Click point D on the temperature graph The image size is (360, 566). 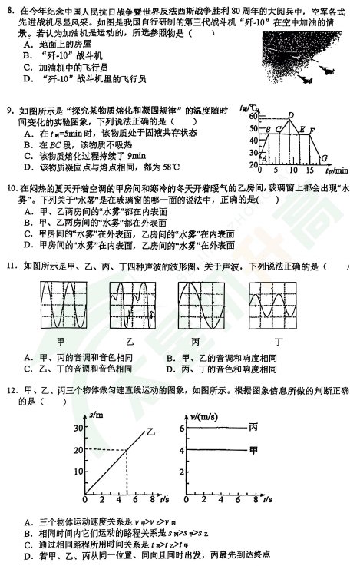289,115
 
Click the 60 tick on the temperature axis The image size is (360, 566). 253,116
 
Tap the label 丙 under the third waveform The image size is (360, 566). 197,341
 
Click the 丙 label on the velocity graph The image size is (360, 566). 254,427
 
